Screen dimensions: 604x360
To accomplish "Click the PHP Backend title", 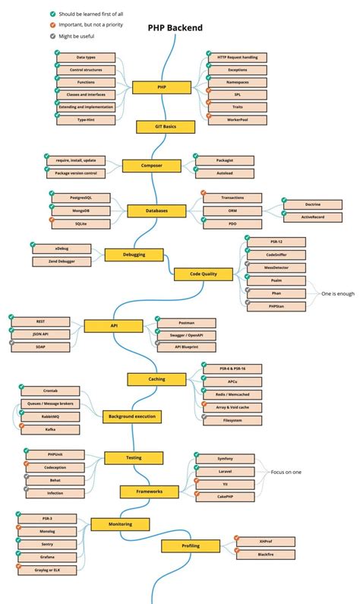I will click(x=175, y=28).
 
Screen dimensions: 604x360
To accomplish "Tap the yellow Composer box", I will click(x=163, y=166).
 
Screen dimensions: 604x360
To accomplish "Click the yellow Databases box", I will click(x=167, y=210).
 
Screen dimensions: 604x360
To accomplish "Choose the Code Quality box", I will click(x=203, y=274).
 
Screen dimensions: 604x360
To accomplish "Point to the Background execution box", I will click(x=132, y=416).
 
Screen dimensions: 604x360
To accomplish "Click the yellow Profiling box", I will click(x=190, y=545).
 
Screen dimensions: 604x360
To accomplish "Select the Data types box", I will click(x=86, y=58).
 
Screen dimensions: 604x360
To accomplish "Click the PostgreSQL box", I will click(x=80, y=198).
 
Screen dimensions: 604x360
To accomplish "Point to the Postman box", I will click(x=185, y=323).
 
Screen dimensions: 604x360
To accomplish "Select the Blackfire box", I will click(x=265, y=555).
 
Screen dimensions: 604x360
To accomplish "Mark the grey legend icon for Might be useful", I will click(x=52, y=36).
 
